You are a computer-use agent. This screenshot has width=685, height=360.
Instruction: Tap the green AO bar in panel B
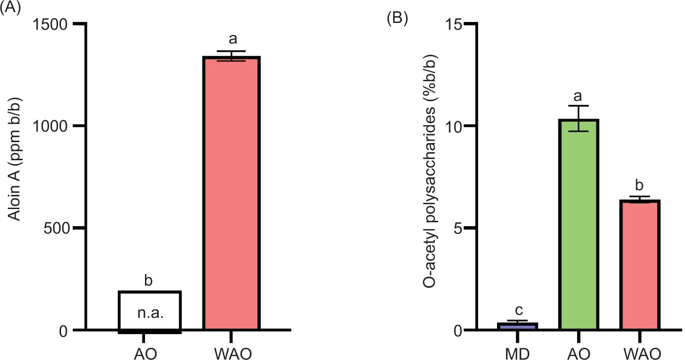pyautogui.click(x=579, y=225)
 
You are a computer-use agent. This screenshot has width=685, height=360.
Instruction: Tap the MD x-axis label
pyautogui.click(x=517, y=353)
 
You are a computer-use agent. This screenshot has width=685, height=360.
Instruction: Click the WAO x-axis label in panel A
pyautogui.click(x=232, y=353)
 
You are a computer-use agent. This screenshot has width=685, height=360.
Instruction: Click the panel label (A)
pyautogui.click(x=10, y=8)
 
